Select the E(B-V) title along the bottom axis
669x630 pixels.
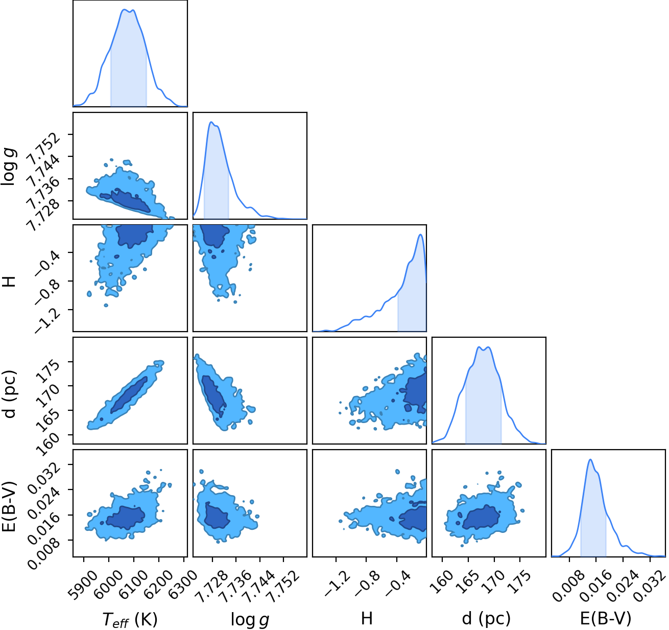tap(606, 618)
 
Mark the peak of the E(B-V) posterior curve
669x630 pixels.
tap(590, 459)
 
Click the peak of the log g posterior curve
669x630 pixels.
tap(211, 122)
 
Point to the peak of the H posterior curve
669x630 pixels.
tap(420, 235)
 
